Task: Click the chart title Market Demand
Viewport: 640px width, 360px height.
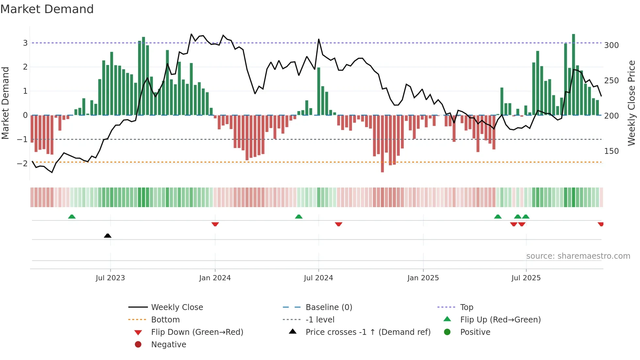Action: (x=47, y=9)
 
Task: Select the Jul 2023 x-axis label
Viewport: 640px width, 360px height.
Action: (x=110, y=278)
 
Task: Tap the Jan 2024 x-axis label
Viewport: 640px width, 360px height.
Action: (x=215, y=278)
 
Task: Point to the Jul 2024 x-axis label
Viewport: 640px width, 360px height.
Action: (x=318, y=278)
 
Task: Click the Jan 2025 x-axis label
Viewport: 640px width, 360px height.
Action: (x=423, y=278)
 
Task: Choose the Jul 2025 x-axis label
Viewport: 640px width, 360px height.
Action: (x=526, y=278)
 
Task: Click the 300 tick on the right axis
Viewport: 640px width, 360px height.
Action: (x=611, y=45)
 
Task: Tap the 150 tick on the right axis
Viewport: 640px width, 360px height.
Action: (x=611, y=151)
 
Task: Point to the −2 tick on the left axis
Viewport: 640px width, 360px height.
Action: (x=23, y=163)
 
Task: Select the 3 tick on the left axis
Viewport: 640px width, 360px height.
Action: (x=25, y=43)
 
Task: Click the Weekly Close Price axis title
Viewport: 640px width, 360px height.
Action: (x=632, y=103)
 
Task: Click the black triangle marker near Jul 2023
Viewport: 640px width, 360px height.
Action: (x=107, y=236)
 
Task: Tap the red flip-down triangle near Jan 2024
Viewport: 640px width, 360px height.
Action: (x=215, y=224)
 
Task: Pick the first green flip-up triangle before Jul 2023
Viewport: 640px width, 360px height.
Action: (x=72, y=217)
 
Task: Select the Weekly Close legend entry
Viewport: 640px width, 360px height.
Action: (x=177, y=307)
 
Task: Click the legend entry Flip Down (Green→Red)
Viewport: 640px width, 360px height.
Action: (x=197, y=332)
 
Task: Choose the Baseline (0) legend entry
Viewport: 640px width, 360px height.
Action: (x=328, y=307)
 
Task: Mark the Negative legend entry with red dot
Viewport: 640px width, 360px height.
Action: (x=168, y=345)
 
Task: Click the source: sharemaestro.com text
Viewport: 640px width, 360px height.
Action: (x=578, y=256)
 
